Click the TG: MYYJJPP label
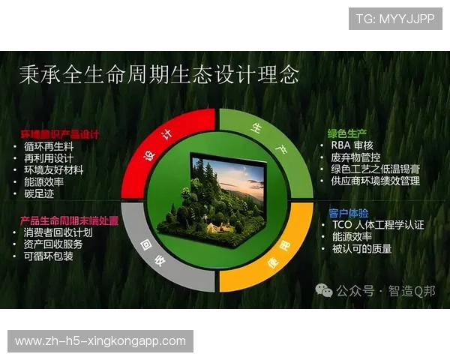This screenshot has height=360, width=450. coord(395,19)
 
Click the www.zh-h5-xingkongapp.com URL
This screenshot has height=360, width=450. coord(100,341)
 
